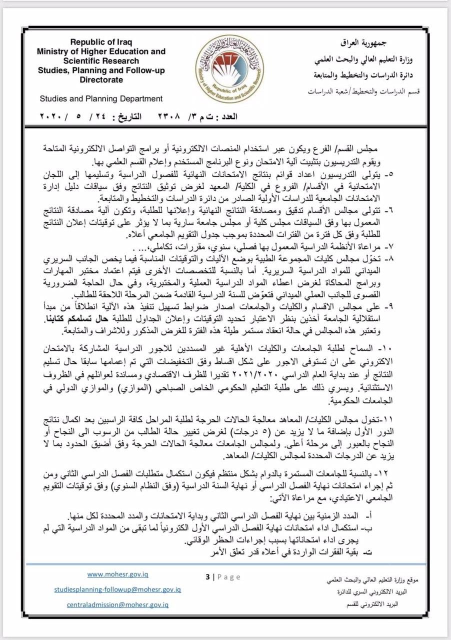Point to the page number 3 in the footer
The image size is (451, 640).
click(x=207, y=577)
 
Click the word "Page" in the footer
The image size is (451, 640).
click(x=229, y=577)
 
